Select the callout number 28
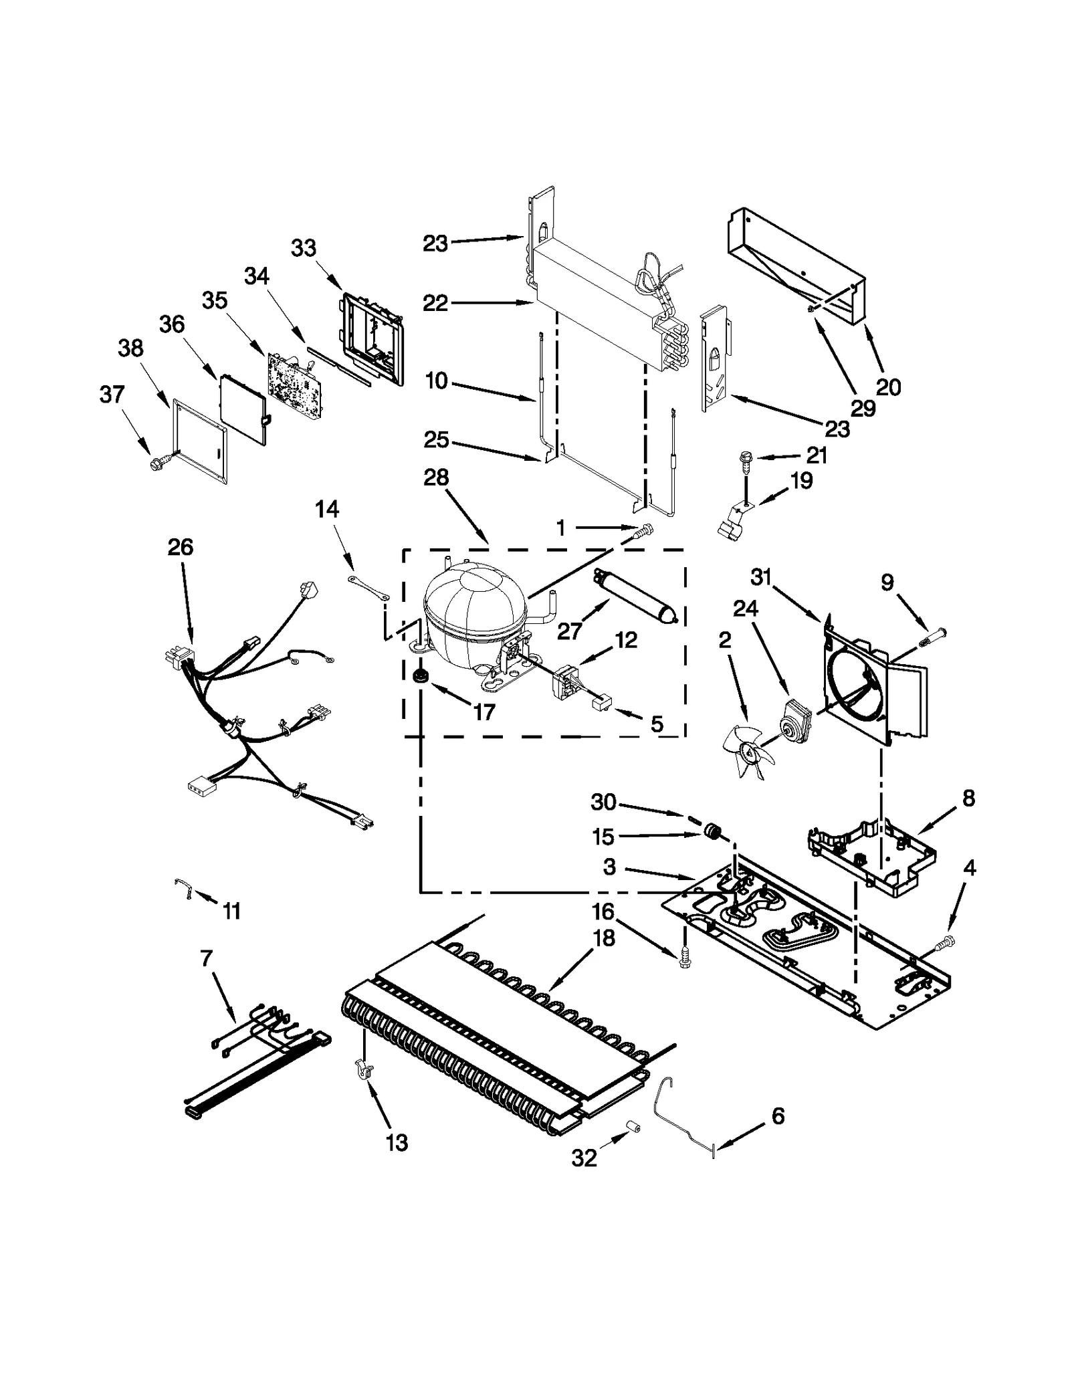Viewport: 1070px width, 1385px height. click(436, 477)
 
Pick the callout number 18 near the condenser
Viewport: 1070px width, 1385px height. click(603, 938)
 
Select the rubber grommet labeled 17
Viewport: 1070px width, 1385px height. click(421, 675)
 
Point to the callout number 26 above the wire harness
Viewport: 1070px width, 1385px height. click(180, 547)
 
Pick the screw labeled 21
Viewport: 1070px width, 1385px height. click(744, 458)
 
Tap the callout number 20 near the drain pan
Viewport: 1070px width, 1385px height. click(888, 387)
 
